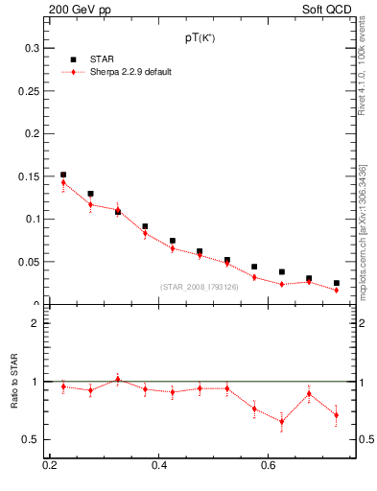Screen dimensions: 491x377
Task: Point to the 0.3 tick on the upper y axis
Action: coord(32,48)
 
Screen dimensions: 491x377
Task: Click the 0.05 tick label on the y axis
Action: coord(29,262)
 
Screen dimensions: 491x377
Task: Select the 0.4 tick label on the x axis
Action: coord(159,466)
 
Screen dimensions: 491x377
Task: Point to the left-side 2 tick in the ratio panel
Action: coord(36,323)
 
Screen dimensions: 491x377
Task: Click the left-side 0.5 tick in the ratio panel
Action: coord(32,439)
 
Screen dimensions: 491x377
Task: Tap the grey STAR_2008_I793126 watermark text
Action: coord(199,287)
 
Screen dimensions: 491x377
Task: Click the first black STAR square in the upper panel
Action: coord(63,175)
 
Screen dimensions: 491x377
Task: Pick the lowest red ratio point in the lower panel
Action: coord(281,421)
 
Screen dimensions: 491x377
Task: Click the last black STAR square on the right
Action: coord(336,283)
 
